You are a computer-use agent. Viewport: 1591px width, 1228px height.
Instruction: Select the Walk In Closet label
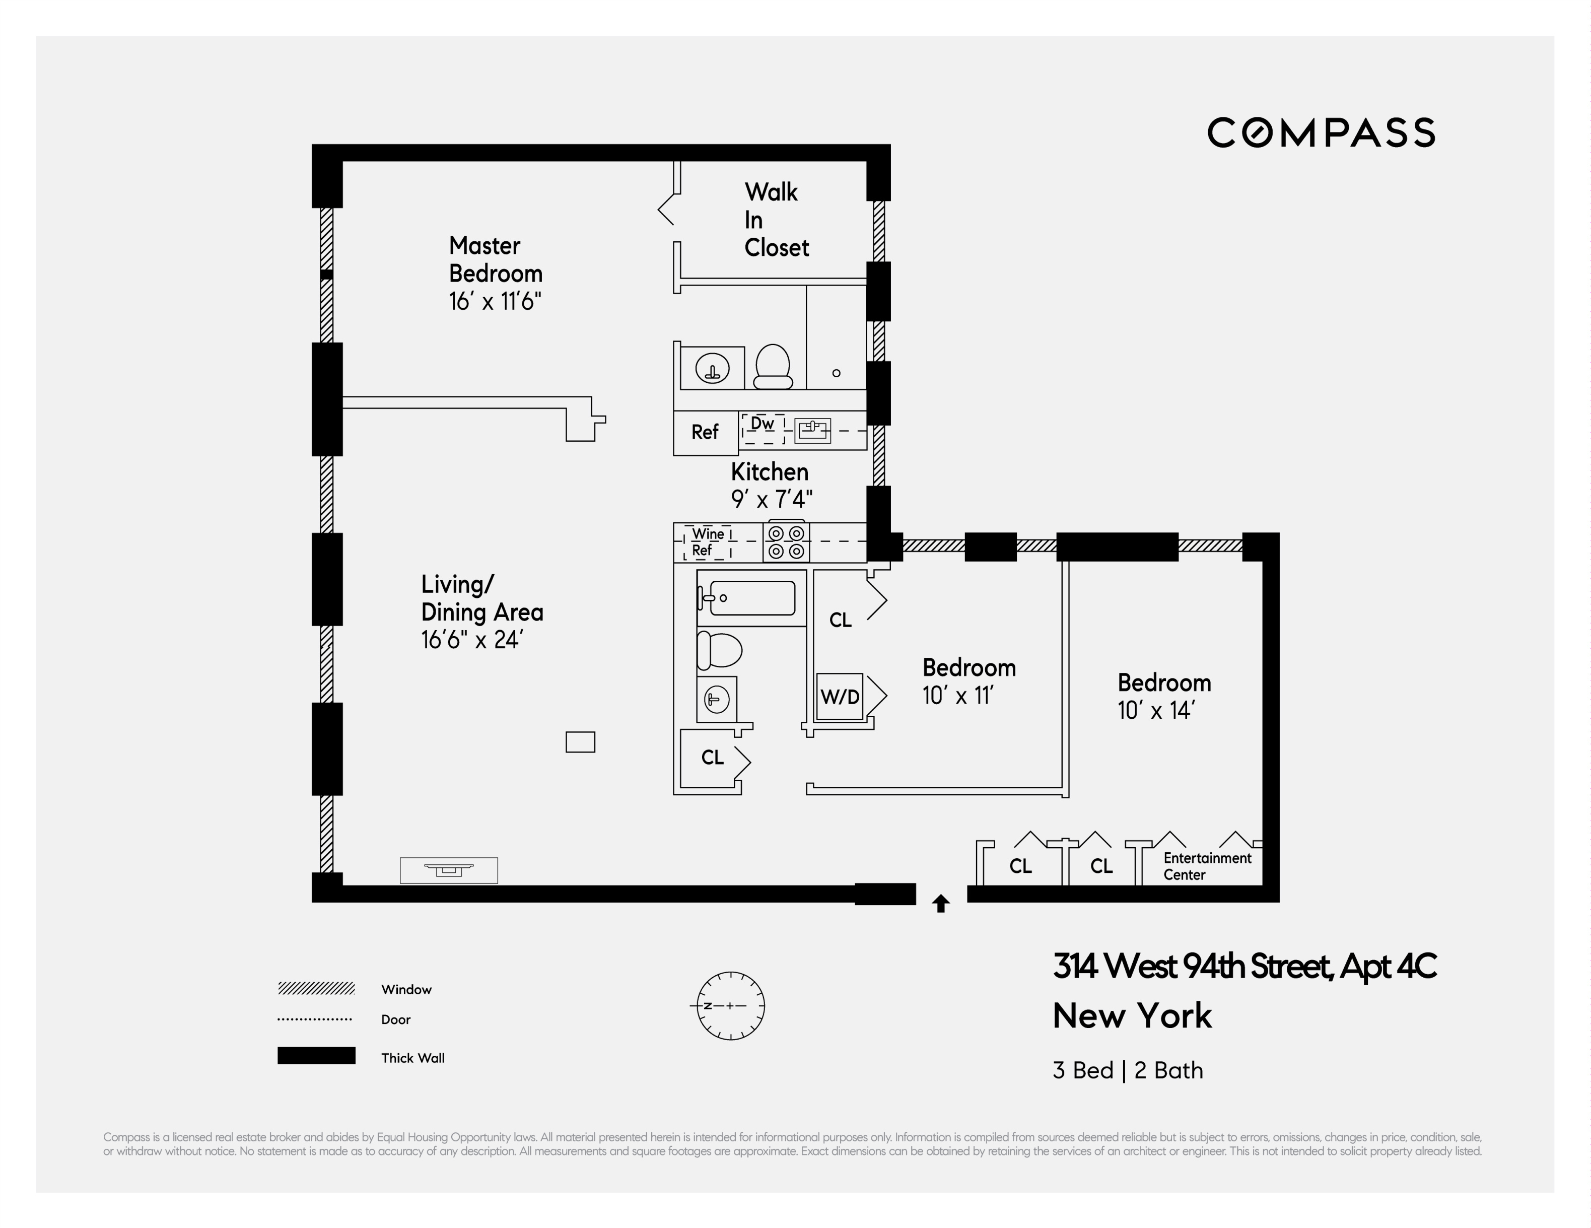[x=776, y=220]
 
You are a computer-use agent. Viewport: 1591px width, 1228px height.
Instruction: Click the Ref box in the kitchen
[x=705, y=433]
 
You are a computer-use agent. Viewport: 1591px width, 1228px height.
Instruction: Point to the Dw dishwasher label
[x=762, y=424]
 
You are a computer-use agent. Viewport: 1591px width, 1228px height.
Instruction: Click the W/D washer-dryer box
[x=840, y=697]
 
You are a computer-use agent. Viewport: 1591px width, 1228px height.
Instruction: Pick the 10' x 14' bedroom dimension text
[x=1156, y=711]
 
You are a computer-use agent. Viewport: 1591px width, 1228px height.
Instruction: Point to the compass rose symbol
[x=731, y=1006]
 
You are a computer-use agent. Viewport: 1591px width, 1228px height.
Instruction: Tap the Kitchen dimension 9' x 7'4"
[x=772, y=500]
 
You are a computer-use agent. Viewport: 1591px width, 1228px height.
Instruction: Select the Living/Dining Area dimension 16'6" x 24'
[x=472, y=640]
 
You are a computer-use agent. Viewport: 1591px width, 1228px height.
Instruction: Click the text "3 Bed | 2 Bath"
[x=1128, y=1071]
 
